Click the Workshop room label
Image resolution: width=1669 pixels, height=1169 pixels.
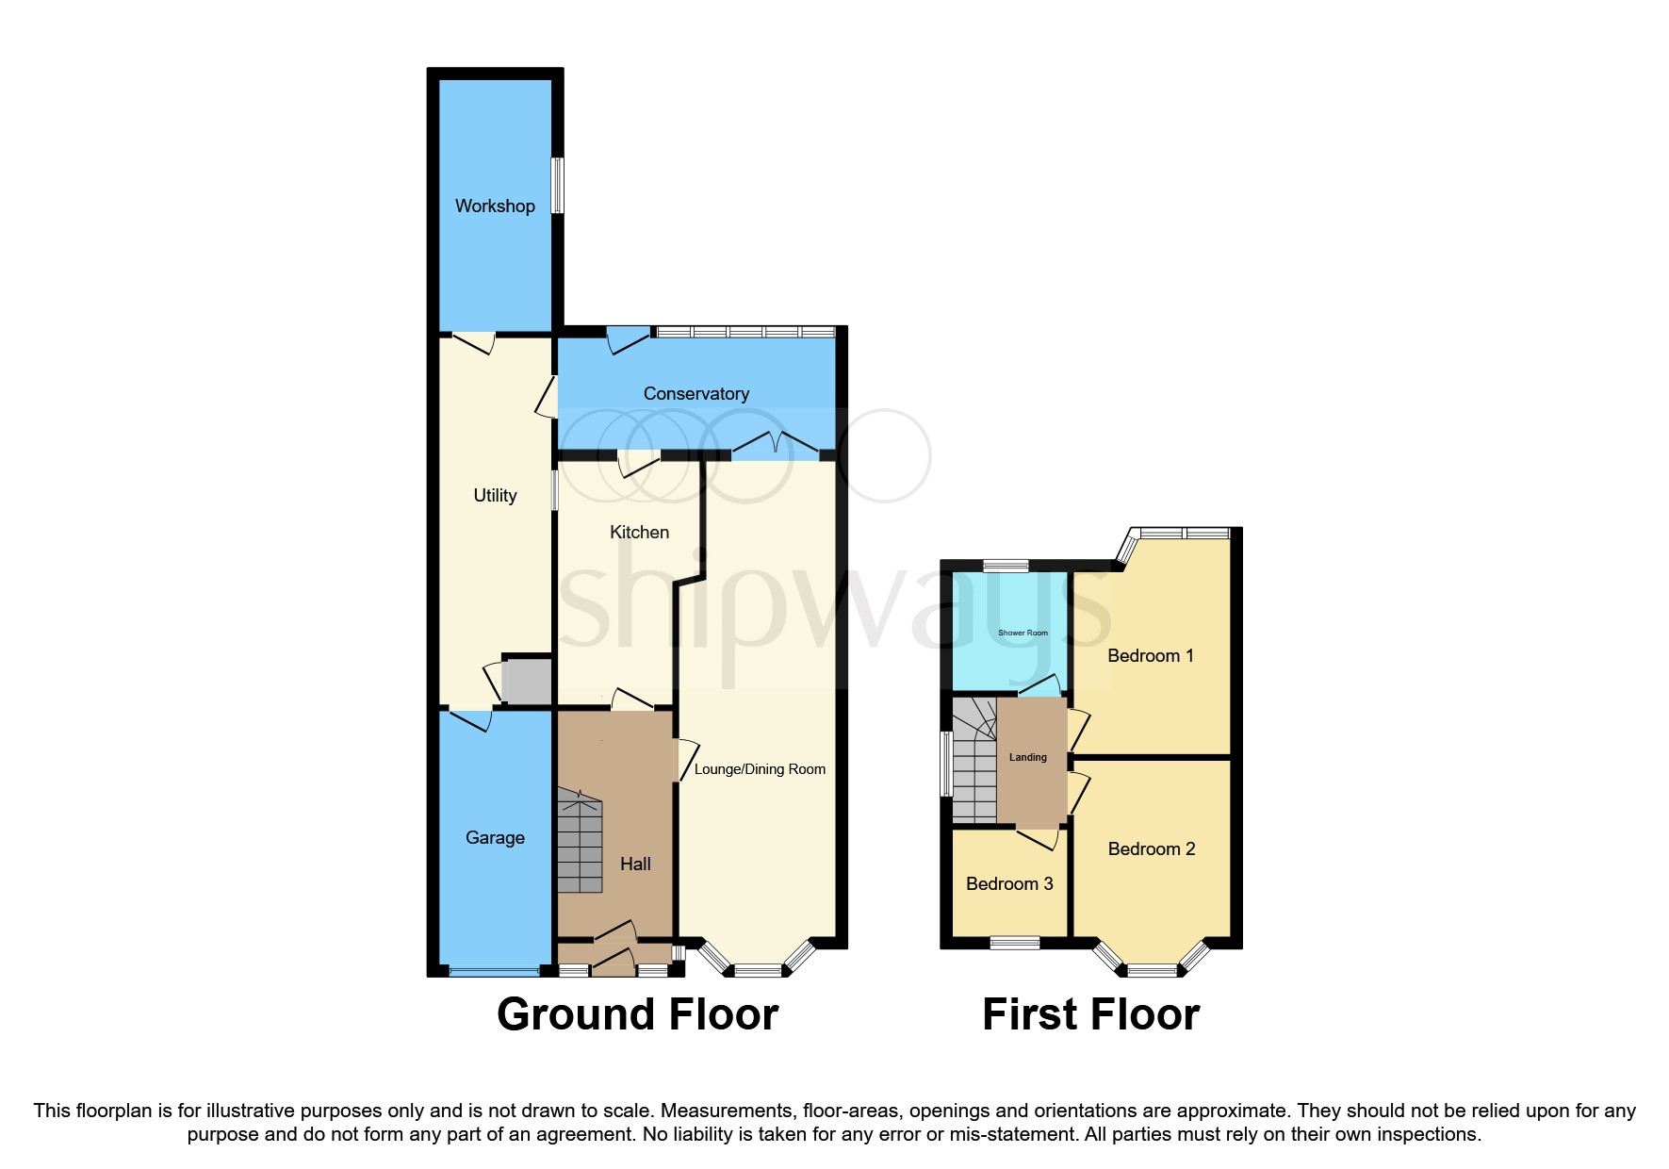pyautogui.click(x=495, y=206)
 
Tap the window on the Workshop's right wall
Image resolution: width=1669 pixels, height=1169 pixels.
pyautogui.click(x=557, y=185)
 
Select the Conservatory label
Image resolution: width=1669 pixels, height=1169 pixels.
pyautogui.click(x=695, y=393)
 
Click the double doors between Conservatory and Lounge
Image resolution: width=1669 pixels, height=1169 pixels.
pyautogui.click(x=775, y=445)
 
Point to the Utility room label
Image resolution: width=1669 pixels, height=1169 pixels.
pyautogui.click(x=495, y=495)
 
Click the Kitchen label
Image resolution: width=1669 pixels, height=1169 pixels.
pyautogui.click(x=639, y=532)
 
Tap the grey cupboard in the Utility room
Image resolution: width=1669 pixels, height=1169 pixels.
pyautogui.click(x=526, y=681)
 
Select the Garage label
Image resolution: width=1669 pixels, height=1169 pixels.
pyautogui.click(x=495, y=837)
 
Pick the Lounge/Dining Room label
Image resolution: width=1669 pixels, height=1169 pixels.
pyautogui.click(x=760, y=769)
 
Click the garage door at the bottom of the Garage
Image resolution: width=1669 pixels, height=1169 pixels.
pyautogui.click(x=494, y=971)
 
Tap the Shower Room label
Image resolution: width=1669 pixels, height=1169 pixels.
pyautogui.click(x=1023, y=633)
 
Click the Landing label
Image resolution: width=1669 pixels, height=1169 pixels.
pyautogui.click(x=1027, y=757)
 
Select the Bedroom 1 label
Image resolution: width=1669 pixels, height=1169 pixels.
pyautogui.click(x=1150, y=655)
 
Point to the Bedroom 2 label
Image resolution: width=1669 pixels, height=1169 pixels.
pyautogui.click(x=1151, y=848)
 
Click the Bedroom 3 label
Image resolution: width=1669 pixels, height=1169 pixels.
pyautogui.click(x=1009, y=883)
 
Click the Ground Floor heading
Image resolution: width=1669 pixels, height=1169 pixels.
pyautogui.click(x=637, y=1014)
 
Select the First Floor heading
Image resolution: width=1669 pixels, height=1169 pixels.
pyautogui.click(x=1090, y=1014)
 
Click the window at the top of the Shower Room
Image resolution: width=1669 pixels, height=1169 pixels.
pyautogui.click(x=1006, y=566)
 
